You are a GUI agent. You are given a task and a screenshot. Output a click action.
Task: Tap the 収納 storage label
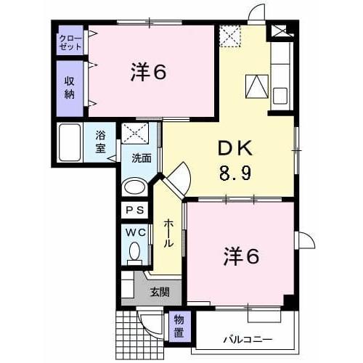coord(70,87)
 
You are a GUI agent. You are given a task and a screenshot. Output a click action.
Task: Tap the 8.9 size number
coord(235,174)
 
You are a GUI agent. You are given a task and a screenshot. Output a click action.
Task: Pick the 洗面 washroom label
coord(141,158)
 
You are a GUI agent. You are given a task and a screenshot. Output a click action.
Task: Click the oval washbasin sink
coord(134,186)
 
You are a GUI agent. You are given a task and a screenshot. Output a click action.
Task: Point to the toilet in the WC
coord(134,251)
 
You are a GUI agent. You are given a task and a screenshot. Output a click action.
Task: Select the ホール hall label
coord(168,234)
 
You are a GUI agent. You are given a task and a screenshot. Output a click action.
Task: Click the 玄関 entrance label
coord(160,292)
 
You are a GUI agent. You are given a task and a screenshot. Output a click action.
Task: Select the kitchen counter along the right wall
coord(281,76)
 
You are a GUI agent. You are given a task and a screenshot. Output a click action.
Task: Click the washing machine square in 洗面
coord(134,134)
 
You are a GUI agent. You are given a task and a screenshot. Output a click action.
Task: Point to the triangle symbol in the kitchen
coord(256,87)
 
